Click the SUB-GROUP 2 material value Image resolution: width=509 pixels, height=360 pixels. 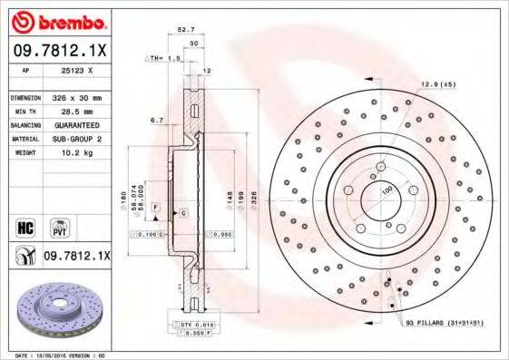click(x=75, y=139)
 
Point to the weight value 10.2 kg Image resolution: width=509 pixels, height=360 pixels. click(x=72, y=153)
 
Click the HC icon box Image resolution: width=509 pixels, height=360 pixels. click(x=24, y=225)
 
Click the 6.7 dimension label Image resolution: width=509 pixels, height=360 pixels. click(x=156, y=120)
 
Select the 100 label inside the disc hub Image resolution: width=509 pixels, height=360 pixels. click(x=387, y=191)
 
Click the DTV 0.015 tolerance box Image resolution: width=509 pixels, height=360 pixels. click(x=190, y=324)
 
